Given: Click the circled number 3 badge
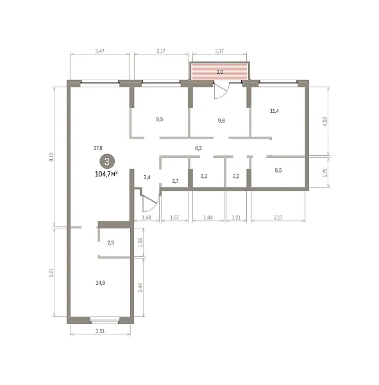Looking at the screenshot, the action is click(107, 162).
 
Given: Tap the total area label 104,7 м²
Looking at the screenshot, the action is click(106, 174).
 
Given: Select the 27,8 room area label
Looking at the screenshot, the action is click(98, 148).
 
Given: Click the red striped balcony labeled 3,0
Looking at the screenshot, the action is click(220, 72).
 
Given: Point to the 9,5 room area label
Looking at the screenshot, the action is click(160, 119).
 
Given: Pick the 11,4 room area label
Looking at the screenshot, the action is click(274, 111).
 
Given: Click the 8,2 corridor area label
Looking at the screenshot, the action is click(198, 148).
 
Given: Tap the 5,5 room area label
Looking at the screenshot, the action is click(278, 171).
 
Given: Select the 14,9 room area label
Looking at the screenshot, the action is click(101, 283).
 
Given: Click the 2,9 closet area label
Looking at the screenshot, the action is click(111, 243).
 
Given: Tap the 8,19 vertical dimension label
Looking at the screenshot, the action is click(51, 157).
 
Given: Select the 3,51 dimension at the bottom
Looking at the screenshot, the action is click(100, 331).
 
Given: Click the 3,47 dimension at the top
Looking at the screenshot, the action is click(100, 51).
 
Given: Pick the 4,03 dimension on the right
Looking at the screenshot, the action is click(325, 121).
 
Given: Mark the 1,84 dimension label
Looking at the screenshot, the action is click(208, 218).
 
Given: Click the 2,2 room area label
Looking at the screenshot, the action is click(236, 176).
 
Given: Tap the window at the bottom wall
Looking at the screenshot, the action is click(105, 319).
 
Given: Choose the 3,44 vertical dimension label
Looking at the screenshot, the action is click(140, 287).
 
